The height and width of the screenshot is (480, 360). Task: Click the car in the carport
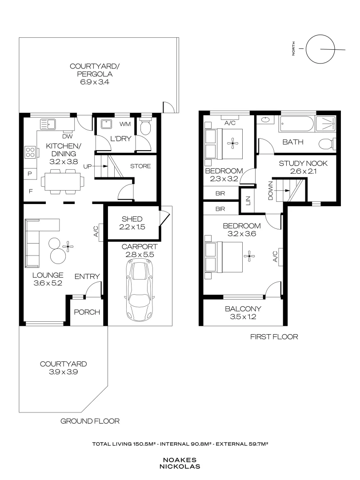click(139, 288)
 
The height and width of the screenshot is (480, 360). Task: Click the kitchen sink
click(47, 123)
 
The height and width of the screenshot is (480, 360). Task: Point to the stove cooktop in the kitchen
click(30, 152)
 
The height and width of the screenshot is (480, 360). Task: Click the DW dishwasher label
click(68, 136)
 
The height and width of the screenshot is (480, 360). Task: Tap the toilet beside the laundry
click(145, 127)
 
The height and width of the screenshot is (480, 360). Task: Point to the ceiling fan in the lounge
click(68, 245)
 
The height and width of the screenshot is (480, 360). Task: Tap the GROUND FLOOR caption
click(90, 421)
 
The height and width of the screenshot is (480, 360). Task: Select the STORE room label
click(140, 167)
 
